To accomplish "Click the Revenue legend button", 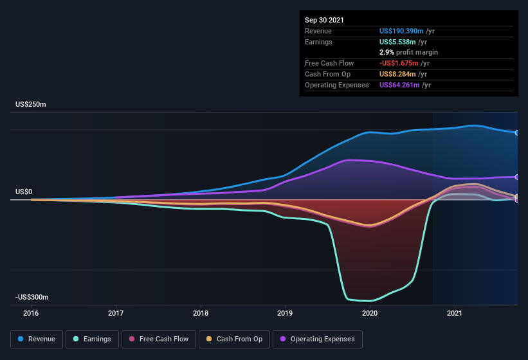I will (37, 339).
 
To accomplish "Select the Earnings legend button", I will (93, 339).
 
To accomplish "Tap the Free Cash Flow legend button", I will (158, 339).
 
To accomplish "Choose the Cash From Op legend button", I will (234, 339).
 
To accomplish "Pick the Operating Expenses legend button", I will (318, 339).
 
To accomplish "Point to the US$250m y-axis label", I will (31, 104).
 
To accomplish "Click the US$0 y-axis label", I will (24, 192).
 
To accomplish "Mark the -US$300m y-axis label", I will (32, 298).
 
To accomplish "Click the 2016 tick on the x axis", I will (31, 314).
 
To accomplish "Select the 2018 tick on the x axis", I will (201, 314).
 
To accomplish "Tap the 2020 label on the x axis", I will (370, 314).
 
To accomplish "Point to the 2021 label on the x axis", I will (455, 314).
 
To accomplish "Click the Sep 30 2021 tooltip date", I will (324, 20).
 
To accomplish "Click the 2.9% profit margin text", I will (408, 52).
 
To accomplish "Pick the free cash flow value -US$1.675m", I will (399, 63).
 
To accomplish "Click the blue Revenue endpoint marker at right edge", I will (517, 133).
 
